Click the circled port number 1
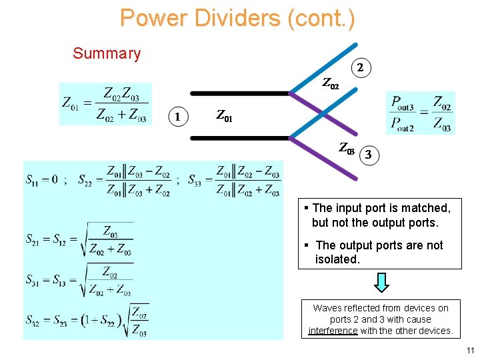[x=177, y=116]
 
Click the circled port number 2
[x=360, y=67]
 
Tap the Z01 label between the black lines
[x=225, y=116]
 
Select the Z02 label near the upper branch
[x=331, y=84]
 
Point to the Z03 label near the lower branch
[x=347, y=149]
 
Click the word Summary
[x=107, y=53]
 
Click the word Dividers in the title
[x=237, y=18]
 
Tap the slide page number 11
[x=470, y=351]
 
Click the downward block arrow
[x=381, y=283]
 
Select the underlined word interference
[x=333, y=331]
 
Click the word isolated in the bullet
[x=337, y=259]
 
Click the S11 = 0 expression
[x=41, y=179]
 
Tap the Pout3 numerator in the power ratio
[x=403, y=103]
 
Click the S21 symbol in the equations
[x=33, y=238]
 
